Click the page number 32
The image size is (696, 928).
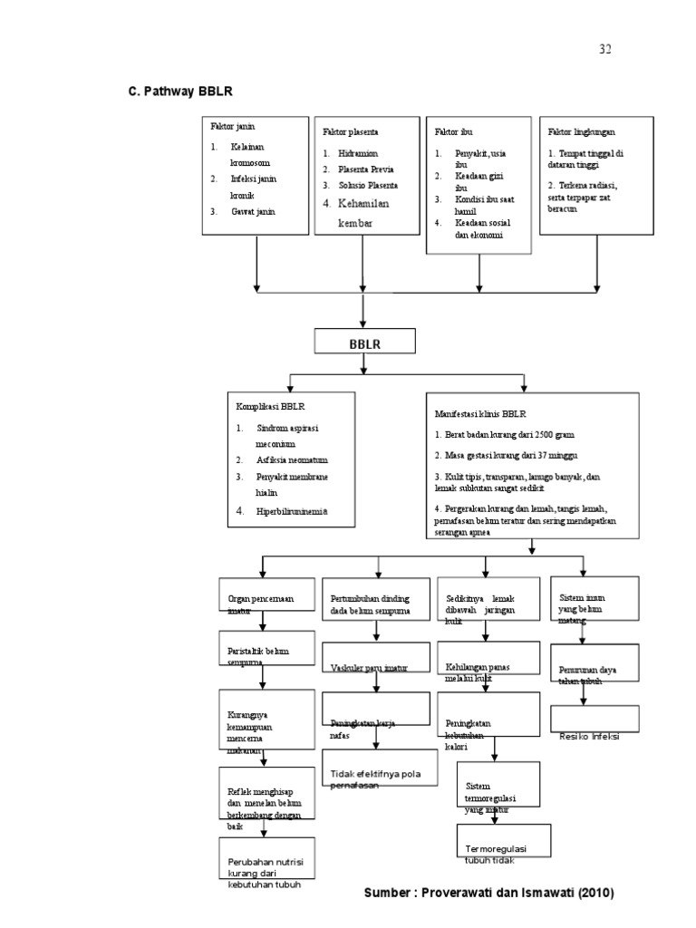point(605,49)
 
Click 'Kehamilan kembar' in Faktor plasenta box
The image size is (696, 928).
point(362,214)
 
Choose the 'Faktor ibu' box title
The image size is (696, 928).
point(451,132)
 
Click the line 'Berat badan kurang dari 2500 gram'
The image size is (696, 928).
point(504,435)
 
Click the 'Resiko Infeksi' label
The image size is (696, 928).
point(589,736)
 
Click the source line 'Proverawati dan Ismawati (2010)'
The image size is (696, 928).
point(488,894)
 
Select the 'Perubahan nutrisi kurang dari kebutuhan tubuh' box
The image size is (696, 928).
point(259,872)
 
